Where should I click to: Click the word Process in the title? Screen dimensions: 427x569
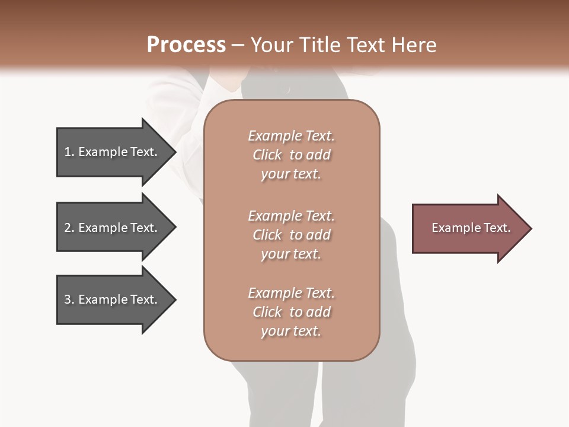tap(186, 45)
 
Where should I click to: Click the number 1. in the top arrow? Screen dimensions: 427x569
tap(69, 152)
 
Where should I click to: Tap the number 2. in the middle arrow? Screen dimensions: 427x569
tap(69, 228)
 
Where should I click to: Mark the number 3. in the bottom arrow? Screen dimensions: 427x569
tap(69, 299)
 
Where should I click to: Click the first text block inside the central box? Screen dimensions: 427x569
tap(291, 155)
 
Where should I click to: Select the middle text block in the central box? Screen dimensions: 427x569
tap(291, 235)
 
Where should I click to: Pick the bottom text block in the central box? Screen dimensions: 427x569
tap(291, 312)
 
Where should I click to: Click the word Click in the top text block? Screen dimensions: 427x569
tap(267, 155)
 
